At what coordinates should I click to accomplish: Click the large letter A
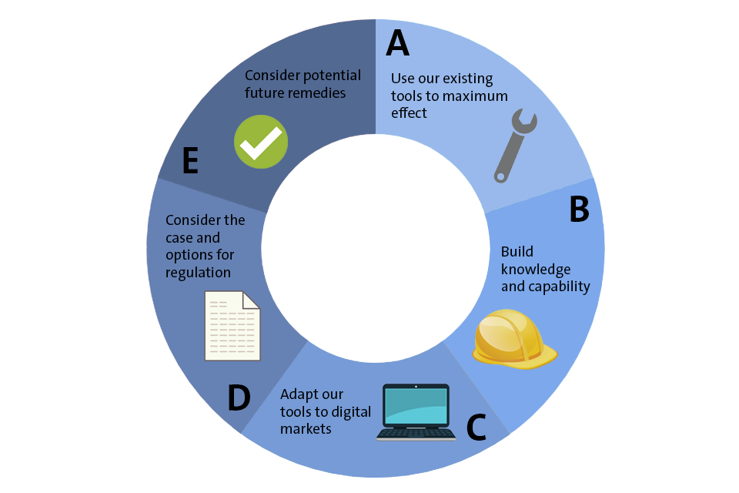point(397,44)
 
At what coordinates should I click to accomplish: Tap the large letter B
point(579,210)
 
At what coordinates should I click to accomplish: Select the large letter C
point(477,428)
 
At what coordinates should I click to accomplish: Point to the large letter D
point(239,398)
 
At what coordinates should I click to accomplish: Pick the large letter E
point(191,161)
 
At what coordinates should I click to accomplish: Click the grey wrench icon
point(515,146)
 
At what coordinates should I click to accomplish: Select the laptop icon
point(416,411)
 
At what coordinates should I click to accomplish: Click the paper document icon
point(232,326)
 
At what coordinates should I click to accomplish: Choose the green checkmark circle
point(261,142)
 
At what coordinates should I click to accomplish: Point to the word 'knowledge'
point(536,269)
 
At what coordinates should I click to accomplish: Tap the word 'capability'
point(560,287)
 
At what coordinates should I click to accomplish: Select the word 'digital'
point(351,411)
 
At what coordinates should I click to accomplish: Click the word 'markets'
point(306,428)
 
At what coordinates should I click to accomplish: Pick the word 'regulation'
point(198,272)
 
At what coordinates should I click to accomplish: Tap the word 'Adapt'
point(297,394)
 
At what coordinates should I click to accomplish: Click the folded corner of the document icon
point(252,301)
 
